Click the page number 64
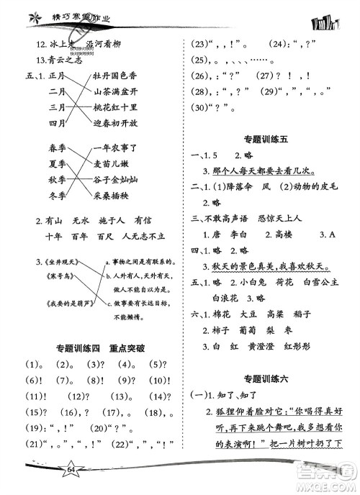[51, 469]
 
